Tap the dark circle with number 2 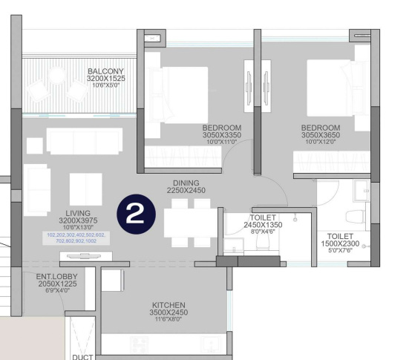coord(136,215)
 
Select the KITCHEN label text coord(169,305)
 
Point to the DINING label coord(186,183)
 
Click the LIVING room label coord(77,213)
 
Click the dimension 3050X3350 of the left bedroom coord(222,135)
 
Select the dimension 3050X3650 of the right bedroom coord(320,135)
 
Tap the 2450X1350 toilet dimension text coord(263,224)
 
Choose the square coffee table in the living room coord(86,188)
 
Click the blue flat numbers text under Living coord(76,238)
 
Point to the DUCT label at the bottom coord(82,356)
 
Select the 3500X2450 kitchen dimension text coord(169,313)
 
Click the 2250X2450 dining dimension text coord(186,191)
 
